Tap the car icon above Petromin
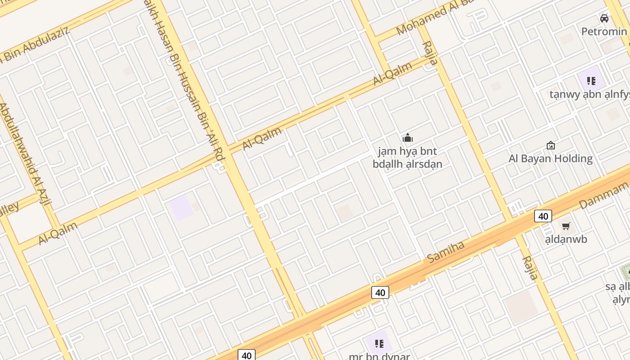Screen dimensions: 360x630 click(604, 18)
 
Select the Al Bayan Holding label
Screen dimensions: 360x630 click(550, 158)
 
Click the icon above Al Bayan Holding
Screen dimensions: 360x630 click(550, 145)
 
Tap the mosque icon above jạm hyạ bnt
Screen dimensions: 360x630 click(408, 138)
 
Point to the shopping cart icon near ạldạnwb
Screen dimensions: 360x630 click(566, 226)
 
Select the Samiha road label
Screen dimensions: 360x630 click(445, 252)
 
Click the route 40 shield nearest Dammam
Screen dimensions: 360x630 click(543, 216)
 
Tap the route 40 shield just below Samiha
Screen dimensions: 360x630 click(380, 292)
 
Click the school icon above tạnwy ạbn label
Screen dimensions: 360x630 click(591, 81)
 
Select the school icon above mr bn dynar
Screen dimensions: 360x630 click(379, 344)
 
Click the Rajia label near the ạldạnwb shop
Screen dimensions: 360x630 click(530, 268)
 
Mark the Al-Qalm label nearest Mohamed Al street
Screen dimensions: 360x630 click(393, 74)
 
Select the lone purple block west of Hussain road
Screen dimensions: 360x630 click(181, 208)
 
